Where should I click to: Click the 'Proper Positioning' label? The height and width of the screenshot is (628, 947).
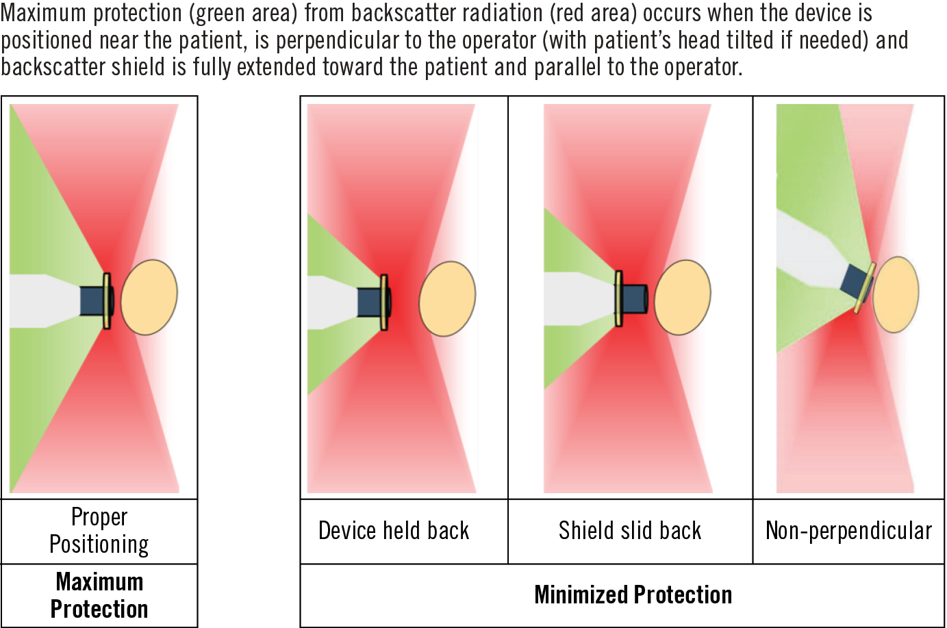pos(99,531)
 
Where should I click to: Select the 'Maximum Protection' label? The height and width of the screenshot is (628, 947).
pos(99,595)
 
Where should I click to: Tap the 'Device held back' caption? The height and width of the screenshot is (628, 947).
pos(394,531)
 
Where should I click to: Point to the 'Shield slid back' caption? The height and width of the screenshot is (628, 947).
pos(630,531)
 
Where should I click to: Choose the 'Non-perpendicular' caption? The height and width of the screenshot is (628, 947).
pos(848,531)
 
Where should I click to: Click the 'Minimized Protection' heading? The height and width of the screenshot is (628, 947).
pos(633,595)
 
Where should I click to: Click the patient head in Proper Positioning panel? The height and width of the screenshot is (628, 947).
pos(149,297)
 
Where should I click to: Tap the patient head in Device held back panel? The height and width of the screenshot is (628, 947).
pos(447,299)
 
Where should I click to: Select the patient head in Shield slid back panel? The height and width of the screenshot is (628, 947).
pos(682,297)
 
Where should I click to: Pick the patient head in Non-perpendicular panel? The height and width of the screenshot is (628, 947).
pos(896,294)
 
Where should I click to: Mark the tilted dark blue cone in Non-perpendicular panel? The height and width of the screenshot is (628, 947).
pos(855,282)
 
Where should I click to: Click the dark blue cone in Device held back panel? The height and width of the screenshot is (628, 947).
pos(370,302)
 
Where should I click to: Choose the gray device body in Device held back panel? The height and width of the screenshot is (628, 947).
pos(332,302)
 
